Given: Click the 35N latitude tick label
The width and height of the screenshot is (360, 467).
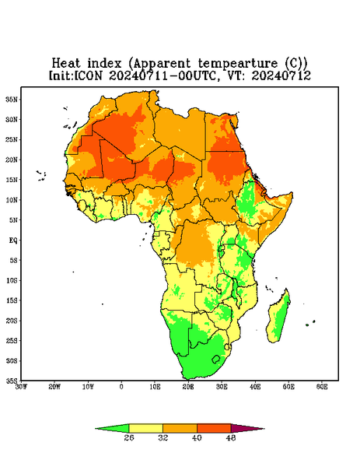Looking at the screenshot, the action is point(12,100).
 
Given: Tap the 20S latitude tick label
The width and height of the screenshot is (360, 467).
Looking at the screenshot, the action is point(12,321).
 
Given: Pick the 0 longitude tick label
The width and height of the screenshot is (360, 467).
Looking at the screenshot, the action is point(121,387).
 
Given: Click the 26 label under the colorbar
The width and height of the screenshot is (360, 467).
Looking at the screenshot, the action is point(129,437).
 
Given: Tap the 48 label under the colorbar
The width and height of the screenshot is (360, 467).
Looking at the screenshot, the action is point(231,437).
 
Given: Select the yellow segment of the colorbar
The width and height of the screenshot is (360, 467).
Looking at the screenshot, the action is point(145,428).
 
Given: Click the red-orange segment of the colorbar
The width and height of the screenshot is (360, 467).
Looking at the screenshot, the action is point(214,428).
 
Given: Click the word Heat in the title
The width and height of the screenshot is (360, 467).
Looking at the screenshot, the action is point(66,64).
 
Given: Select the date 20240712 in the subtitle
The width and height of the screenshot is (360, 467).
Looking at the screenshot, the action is point(281,75).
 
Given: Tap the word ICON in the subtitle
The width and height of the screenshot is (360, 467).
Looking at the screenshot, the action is point(88,75).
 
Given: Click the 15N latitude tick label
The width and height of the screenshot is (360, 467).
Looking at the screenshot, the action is point(12,180).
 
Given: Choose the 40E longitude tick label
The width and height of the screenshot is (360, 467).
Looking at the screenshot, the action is point(255,387).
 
